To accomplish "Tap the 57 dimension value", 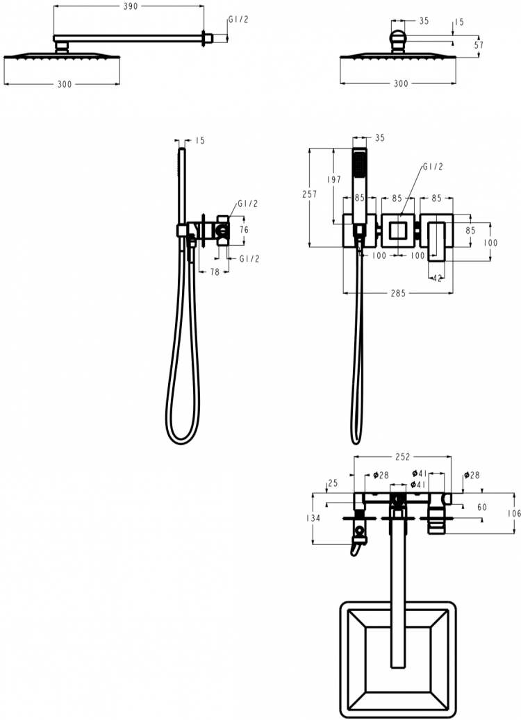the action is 479,45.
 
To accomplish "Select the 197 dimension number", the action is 333,180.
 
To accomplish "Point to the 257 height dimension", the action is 310,194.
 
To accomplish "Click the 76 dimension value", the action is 244,229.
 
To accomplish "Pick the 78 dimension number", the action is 215,272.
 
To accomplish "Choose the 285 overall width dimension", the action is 398,293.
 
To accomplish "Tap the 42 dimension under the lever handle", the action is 437,278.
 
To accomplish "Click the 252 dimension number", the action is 402,457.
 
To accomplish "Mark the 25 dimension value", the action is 333,483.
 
